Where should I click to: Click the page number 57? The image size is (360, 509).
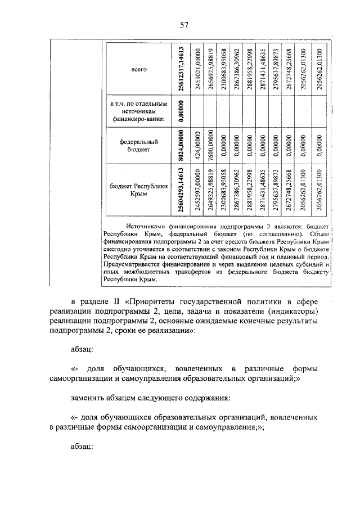[183, 24]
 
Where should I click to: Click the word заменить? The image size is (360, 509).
[89, 399]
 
